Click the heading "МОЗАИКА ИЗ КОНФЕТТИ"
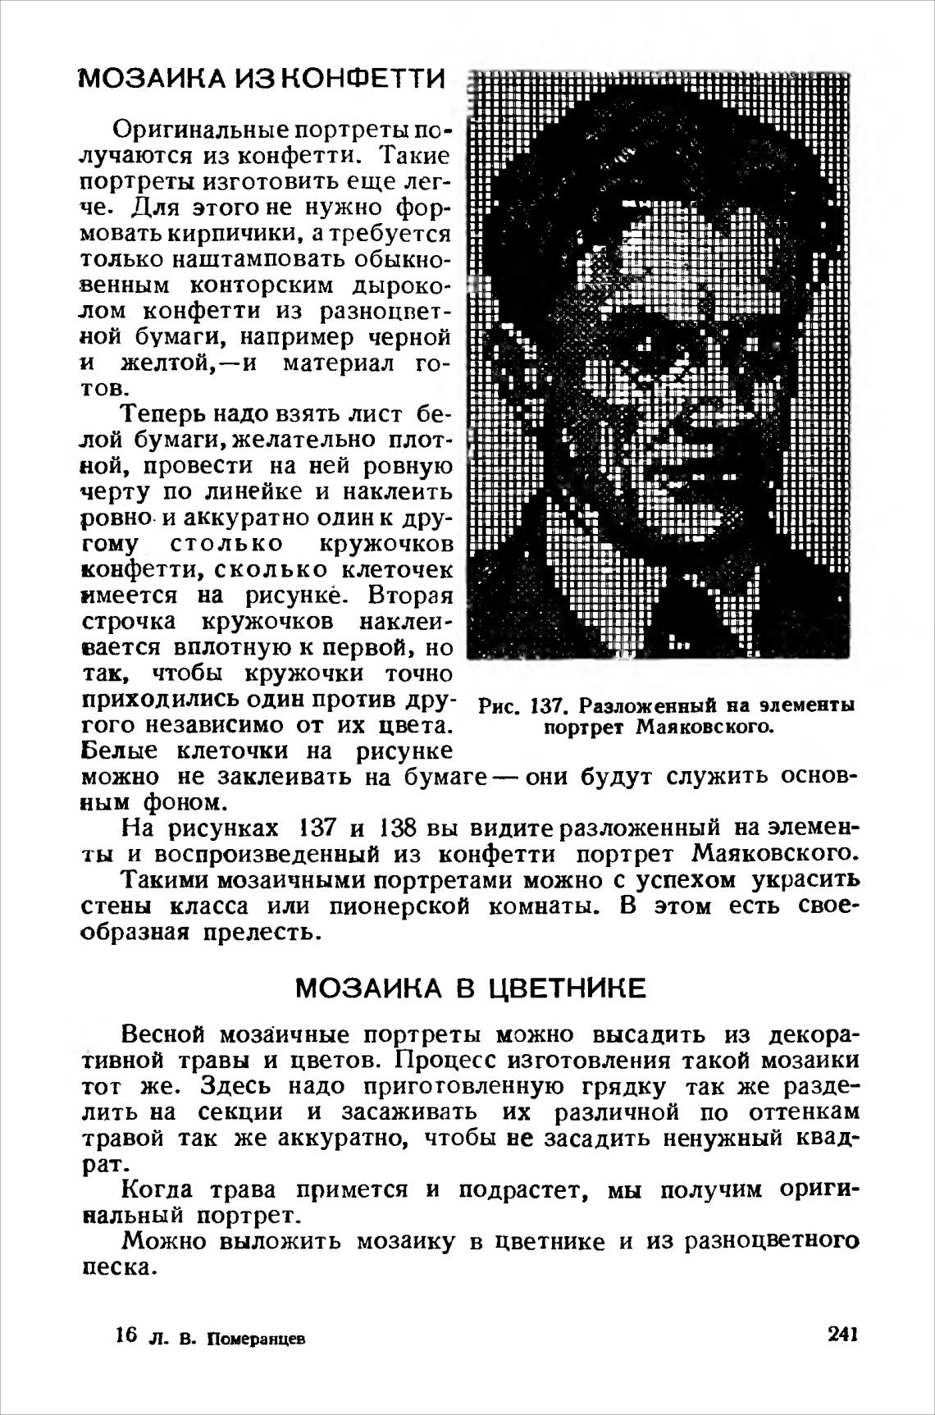[x=262, y=80]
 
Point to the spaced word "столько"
[x=227, y=545]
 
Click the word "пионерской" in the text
[x=398, y=908]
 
